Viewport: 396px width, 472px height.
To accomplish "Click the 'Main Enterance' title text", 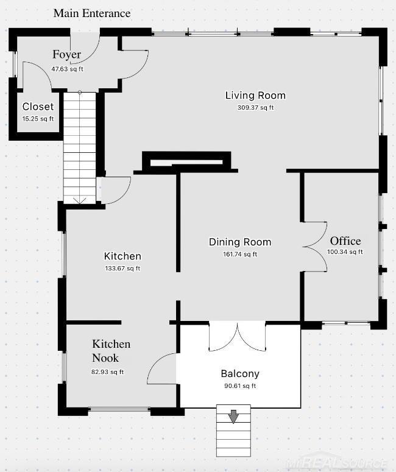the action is pos(92,13).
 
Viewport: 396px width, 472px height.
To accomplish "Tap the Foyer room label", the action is pos(66,54).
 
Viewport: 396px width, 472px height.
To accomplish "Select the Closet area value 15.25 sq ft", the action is pos(38,119).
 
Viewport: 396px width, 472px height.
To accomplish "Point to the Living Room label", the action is pos(255,96).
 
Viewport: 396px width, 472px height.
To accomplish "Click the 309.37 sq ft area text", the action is pos(255,108).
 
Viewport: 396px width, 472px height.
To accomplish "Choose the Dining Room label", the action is pos(240,242).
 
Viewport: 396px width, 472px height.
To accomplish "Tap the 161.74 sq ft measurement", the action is pos(240,255).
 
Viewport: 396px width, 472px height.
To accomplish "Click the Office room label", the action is pos(345,241).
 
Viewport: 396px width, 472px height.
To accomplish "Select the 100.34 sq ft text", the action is pos(345,252).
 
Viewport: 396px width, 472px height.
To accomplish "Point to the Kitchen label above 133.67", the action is pos(122,256).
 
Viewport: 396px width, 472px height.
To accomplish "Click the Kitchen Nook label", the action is pos(111,351).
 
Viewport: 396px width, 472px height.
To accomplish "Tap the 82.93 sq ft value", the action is pos(107,372).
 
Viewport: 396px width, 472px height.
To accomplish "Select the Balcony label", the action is pos(240,373).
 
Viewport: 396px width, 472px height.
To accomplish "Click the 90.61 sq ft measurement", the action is pos(240,386).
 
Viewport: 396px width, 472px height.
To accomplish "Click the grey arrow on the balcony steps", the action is pos(233,417).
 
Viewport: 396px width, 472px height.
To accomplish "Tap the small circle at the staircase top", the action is pos(80,93).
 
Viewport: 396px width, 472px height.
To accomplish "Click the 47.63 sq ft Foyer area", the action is pos(67,69).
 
